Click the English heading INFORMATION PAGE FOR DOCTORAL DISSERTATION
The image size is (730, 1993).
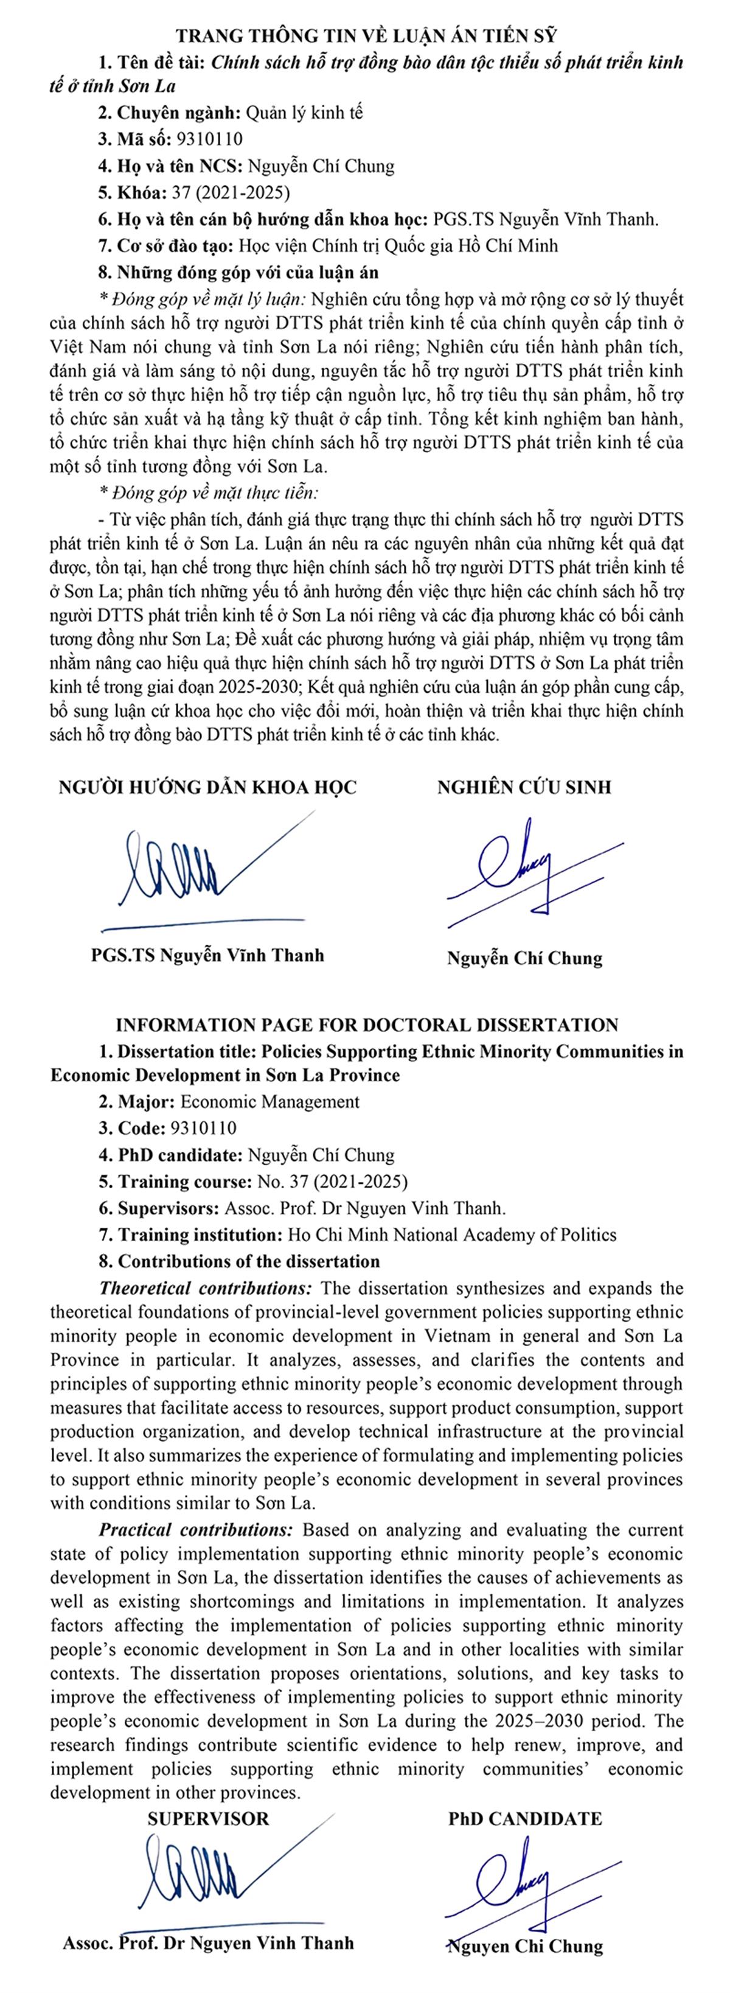tap(367, 1025)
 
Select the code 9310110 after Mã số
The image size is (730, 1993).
tap(209, 139)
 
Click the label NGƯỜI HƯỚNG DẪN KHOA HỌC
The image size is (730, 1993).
tap(208, 788)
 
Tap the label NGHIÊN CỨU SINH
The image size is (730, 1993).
tap(524, 788)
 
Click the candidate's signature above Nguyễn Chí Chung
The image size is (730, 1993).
tap(526, 870)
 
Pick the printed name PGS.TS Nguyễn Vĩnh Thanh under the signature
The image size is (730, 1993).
tap(207, 954)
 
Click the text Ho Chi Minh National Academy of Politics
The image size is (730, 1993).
tap(451, 1234)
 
